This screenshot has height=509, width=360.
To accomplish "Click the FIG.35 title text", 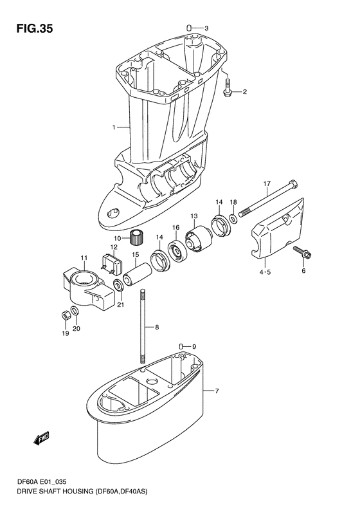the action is [34, 28].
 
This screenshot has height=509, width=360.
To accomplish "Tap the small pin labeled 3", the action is [190, 27].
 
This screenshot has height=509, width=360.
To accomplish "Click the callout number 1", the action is [114, 127].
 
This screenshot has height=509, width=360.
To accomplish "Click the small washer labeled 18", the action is [233, 219].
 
